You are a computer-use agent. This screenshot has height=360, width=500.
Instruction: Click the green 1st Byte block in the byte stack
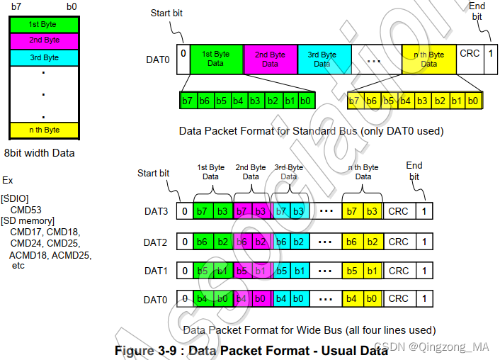43,24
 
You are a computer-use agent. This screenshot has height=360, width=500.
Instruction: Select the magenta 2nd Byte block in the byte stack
43,40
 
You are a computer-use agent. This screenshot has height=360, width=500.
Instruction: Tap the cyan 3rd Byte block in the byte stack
43,57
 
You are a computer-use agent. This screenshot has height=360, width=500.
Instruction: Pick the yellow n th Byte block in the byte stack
43,130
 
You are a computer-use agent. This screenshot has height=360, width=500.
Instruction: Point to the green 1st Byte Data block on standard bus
217,59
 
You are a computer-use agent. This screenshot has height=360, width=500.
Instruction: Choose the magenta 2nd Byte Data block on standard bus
270,59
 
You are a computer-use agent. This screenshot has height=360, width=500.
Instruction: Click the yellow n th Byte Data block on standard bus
428,59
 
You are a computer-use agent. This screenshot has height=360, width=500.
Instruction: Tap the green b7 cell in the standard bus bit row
188,101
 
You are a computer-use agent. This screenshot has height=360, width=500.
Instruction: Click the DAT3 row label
156,210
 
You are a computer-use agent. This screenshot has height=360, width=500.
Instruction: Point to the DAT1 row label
156,271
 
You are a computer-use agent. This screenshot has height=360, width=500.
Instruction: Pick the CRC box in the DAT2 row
399,242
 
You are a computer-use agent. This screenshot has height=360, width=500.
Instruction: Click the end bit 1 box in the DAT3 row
424,210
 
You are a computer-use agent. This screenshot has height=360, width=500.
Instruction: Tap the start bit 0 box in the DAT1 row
185,271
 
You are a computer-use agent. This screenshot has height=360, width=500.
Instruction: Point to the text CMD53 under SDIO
26,210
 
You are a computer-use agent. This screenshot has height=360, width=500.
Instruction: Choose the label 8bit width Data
40,152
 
